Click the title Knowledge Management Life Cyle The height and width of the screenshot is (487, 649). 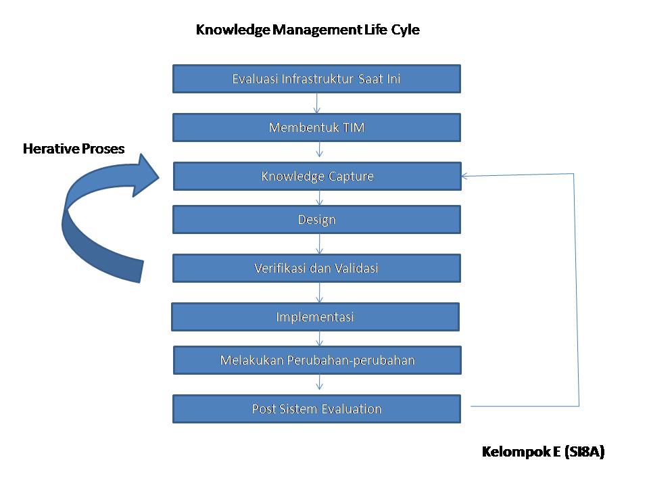tap(308, 30)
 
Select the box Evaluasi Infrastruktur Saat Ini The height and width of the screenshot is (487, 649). tap(316, 78)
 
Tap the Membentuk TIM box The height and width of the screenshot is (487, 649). tap(316, 127)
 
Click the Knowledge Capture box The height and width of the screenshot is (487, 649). tap(317, 176)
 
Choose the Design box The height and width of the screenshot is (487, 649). tap(316, 219)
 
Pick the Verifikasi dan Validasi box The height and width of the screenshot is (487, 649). tap(316, 268)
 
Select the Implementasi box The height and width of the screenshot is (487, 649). tap(315, 317)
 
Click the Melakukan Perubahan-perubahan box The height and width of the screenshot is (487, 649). tap(317, 360)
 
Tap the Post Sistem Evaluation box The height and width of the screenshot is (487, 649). tap(316, 409)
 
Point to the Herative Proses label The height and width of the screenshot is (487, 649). tap(74, 149)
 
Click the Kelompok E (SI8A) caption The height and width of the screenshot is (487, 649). tap(543, 452)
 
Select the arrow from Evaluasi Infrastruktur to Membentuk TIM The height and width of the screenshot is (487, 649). tap(317, 103)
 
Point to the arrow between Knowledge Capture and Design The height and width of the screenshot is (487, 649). tap(320, 198)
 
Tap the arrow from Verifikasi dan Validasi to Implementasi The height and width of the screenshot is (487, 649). tap(320, 292)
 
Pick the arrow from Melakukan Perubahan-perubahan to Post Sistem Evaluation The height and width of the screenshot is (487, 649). tap(320, 384)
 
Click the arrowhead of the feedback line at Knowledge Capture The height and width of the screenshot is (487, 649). tap(466, 177)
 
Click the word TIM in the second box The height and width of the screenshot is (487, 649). tap(354, 127)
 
